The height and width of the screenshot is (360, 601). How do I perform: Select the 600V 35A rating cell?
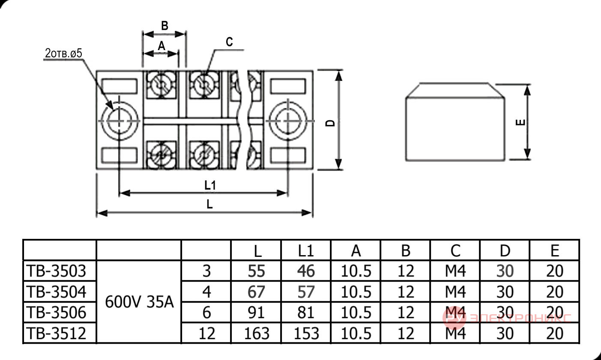(140, 302)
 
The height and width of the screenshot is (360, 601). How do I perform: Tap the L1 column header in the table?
(306, 251)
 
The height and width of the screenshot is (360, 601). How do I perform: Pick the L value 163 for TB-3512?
(257, 333)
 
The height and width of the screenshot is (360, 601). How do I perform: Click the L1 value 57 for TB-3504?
(306, 292)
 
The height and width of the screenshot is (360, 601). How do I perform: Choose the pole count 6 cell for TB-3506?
(206, 312)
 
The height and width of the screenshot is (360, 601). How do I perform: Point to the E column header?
(555, 251)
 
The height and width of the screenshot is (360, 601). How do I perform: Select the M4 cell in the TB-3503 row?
(455, 271)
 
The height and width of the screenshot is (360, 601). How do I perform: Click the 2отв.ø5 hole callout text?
(63, 54)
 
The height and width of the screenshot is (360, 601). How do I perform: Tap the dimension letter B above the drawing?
(164, 26)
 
